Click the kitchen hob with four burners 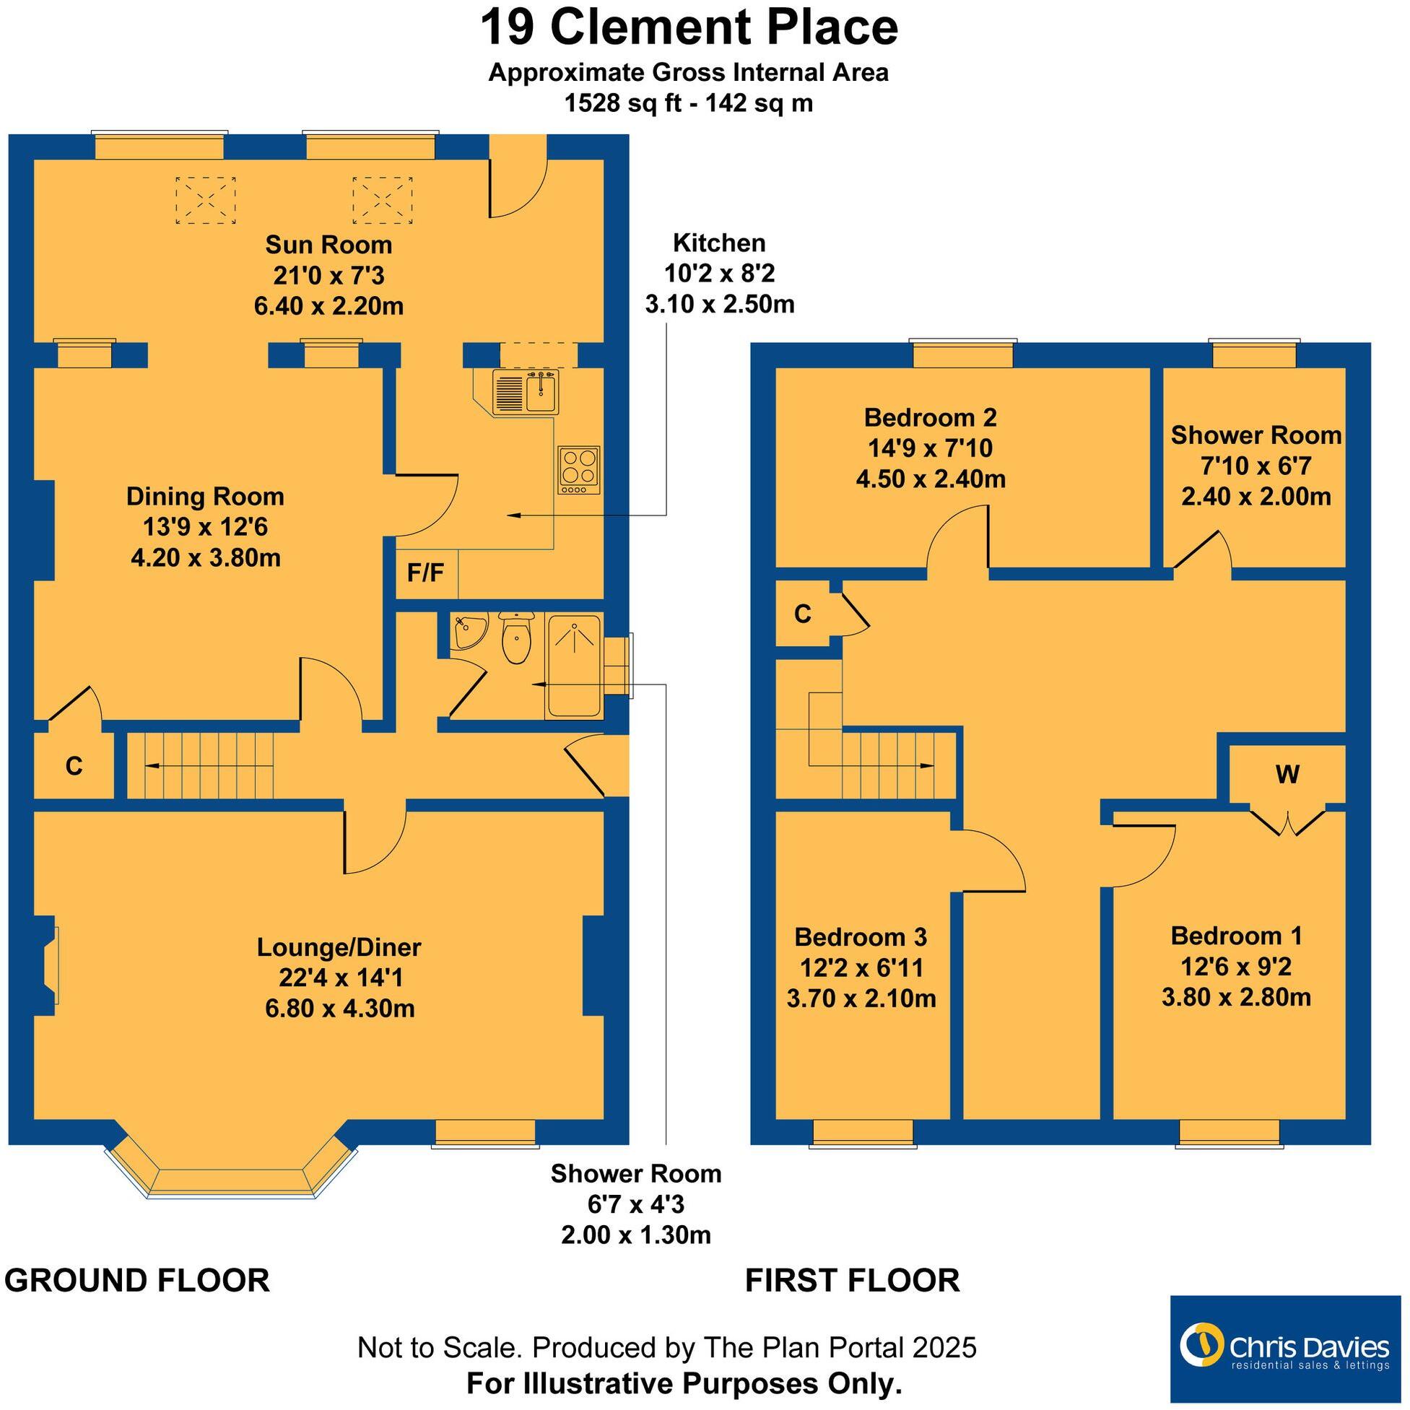[x=580, y=469]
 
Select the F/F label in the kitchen [x=425, y=573]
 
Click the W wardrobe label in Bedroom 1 [x=1287, y=774]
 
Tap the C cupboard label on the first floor [x=802, y=614]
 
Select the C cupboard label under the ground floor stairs [x=74, y=765]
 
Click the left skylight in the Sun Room [x=205, y=200]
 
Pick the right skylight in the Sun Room [x=383, y=200]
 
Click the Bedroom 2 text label [x=930, y=417]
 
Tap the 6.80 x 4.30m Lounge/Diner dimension [x=340, y=1009]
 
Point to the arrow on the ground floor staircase [x=154, y=765]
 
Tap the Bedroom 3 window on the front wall [x=863, y=1132]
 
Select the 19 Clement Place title [x=688, y=27]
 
